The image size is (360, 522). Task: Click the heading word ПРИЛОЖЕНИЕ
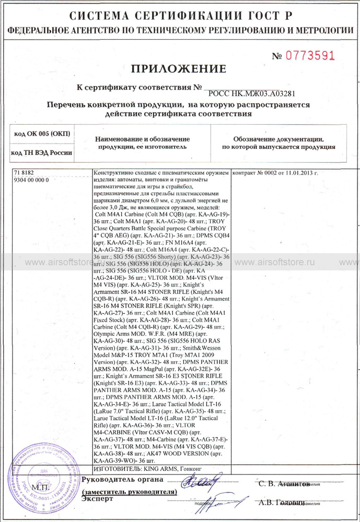(178, 69)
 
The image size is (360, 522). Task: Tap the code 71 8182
(24, 173)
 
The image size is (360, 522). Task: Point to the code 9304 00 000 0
(31, 180)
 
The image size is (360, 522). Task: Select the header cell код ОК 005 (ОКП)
(41, 134)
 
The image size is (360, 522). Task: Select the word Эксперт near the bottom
(97, 499)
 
